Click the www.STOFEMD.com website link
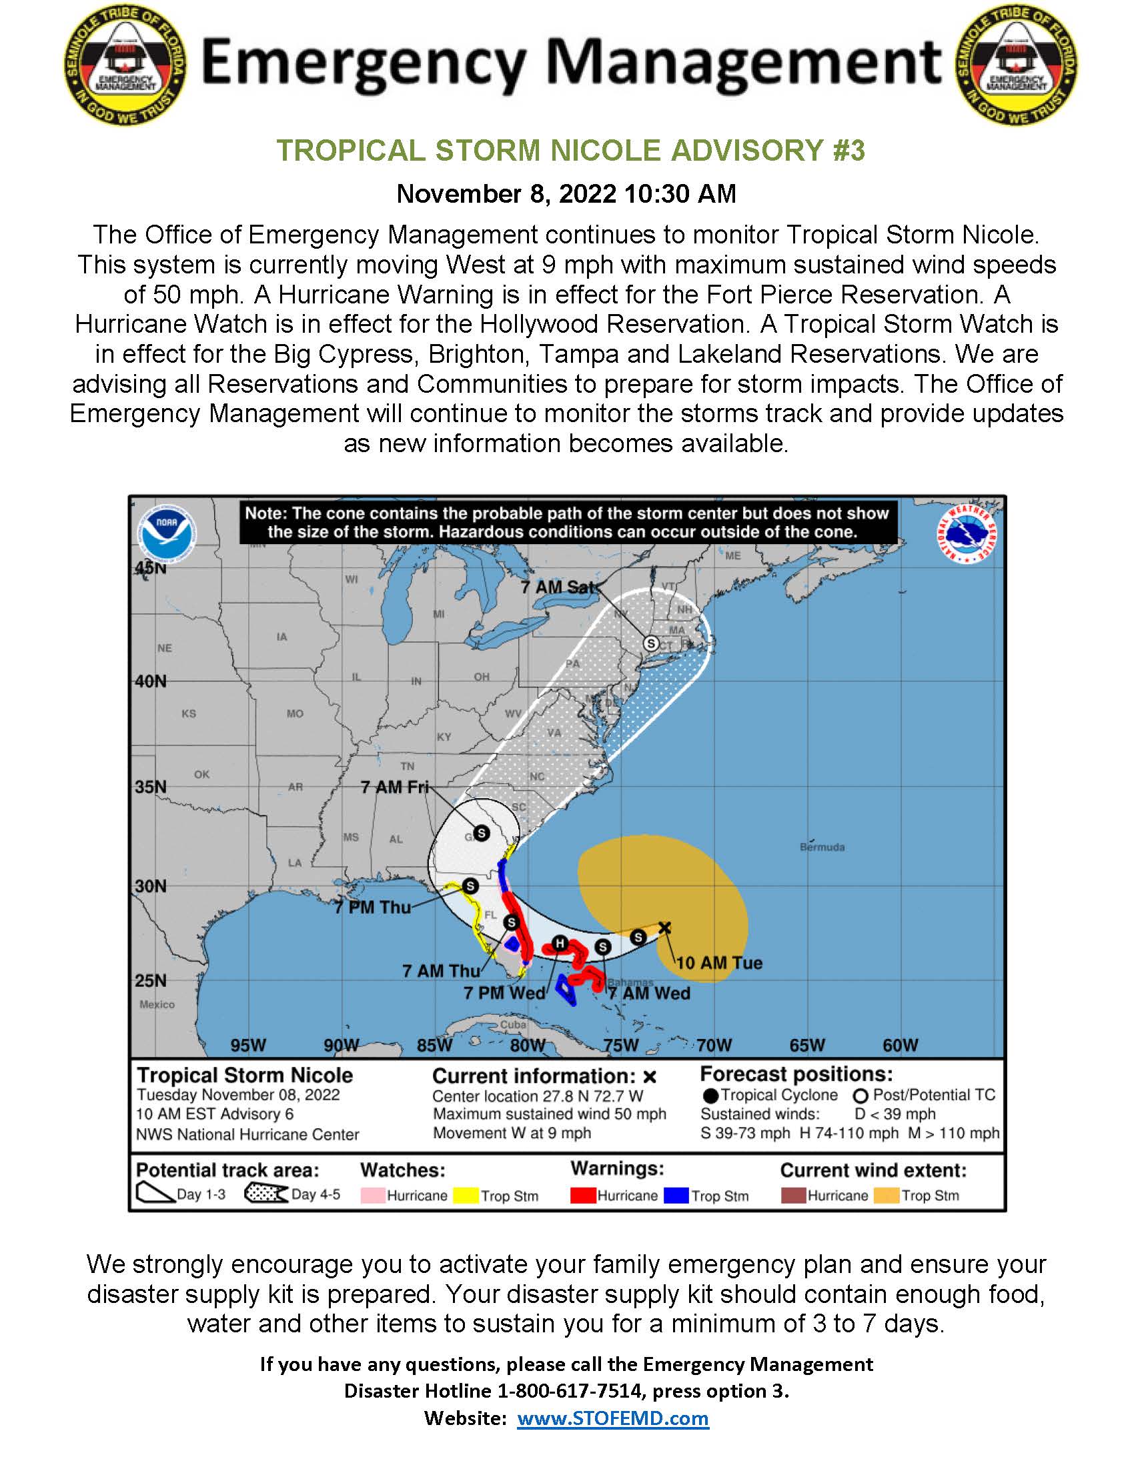coord(612,1418)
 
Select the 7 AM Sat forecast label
coord(558,587)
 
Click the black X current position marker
coord(664,928)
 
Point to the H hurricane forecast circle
coord(560,943)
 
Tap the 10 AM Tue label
coord(719,962)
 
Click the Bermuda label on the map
coord(822,847)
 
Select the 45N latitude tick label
coord(151,567)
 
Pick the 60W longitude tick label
coord(901,1045)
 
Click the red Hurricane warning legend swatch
coord(582,1196)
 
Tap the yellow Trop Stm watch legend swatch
coord(466,1196)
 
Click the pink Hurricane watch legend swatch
coord(373,1196)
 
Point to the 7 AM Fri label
coord(394,787)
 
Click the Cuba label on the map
coord(512,1024)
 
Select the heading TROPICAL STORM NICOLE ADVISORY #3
coord(570,151)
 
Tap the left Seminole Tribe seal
coord(125,65)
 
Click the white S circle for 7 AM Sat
coord(650,643)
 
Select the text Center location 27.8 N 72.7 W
coord(538,1096)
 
